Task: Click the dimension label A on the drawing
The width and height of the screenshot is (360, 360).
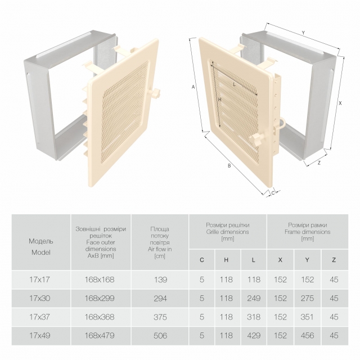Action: point(193,87)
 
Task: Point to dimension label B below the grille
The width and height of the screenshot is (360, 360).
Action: point(229,166)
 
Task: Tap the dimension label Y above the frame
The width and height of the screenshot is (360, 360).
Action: point(303,33)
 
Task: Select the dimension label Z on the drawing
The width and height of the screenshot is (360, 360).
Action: point(319,163)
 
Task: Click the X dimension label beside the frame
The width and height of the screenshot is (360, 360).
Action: point(340,103)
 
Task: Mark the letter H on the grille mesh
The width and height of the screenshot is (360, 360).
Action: point(220,100)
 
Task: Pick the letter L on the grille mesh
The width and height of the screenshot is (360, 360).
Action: point(234,84)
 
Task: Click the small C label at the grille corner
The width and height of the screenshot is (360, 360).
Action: point(273,193)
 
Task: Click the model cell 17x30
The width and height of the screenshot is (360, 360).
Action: point(40,298)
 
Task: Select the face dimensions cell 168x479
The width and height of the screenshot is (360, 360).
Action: point(100,336)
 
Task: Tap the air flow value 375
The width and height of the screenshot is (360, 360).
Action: point(160,317)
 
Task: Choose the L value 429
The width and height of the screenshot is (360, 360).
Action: point(254,336)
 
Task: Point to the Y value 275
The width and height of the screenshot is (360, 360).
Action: point(307,298)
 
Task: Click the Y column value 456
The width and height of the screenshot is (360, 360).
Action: point(307,336)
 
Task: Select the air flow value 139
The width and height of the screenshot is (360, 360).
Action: point(160,280)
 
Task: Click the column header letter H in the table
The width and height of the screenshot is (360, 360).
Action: point(226,260)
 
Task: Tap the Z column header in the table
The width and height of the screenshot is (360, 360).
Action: point(334,260)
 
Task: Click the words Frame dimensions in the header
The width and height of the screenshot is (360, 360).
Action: point(308,232)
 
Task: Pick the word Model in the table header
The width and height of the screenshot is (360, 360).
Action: point(41,253)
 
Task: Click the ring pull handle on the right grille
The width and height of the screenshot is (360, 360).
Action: point(282,124)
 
